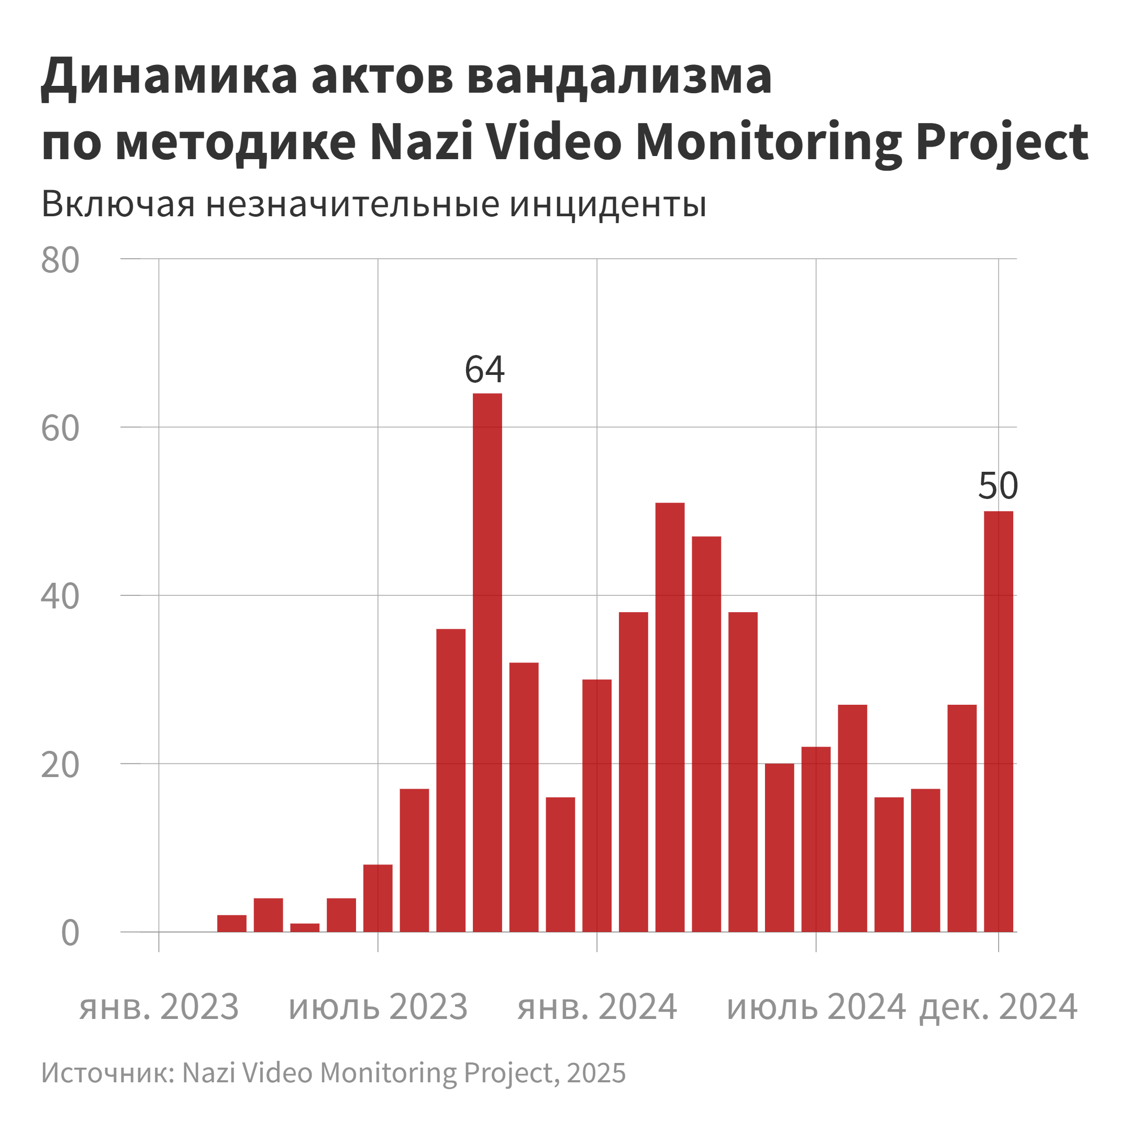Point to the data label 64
(484, 369)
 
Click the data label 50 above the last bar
(998, 486)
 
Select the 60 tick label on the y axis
(60, 428)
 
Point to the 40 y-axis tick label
(60, 597)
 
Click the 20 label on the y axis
(60, 765)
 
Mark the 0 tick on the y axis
(70, 933)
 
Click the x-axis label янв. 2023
(159, 1007)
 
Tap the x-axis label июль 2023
(378, 1007)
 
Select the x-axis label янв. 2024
(596, 1007)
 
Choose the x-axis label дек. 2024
(998, 1007)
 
